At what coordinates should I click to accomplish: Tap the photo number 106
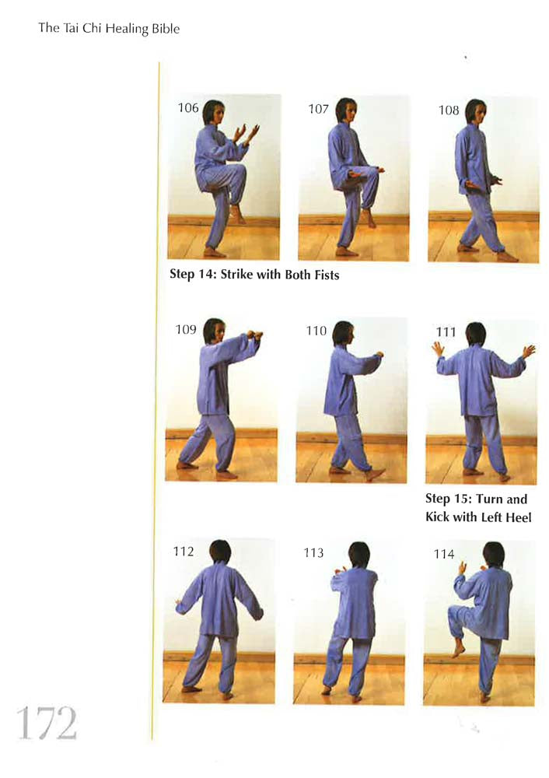[189, 108]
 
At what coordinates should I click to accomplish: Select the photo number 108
[449, 110]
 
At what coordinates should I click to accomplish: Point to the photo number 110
[316, 331]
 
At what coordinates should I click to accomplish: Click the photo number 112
[184, 552]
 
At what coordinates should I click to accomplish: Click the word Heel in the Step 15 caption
[516, 517]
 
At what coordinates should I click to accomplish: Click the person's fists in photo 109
[255, 335]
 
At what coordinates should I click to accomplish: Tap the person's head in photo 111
[475, 335]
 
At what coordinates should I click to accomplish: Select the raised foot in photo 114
[459, 647]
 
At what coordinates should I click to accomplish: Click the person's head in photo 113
[359, 554]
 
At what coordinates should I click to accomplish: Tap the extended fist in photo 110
[379, 356]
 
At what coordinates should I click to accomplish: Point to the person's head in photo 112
[220, 552]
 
